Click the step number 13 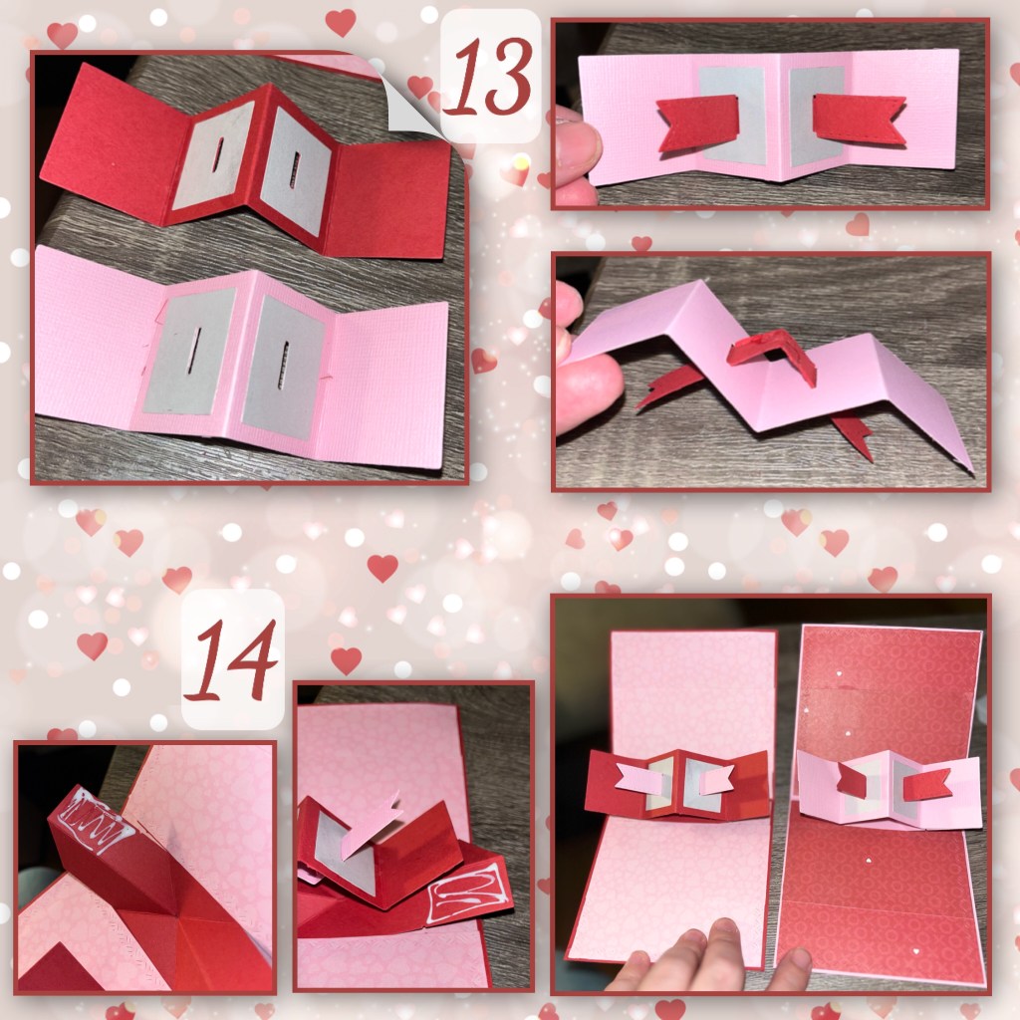492,76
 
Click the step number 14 232,659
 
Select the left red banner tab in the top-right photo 696,124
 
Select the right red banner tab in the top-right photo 859,119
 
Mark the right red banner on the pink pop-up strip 927,787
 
